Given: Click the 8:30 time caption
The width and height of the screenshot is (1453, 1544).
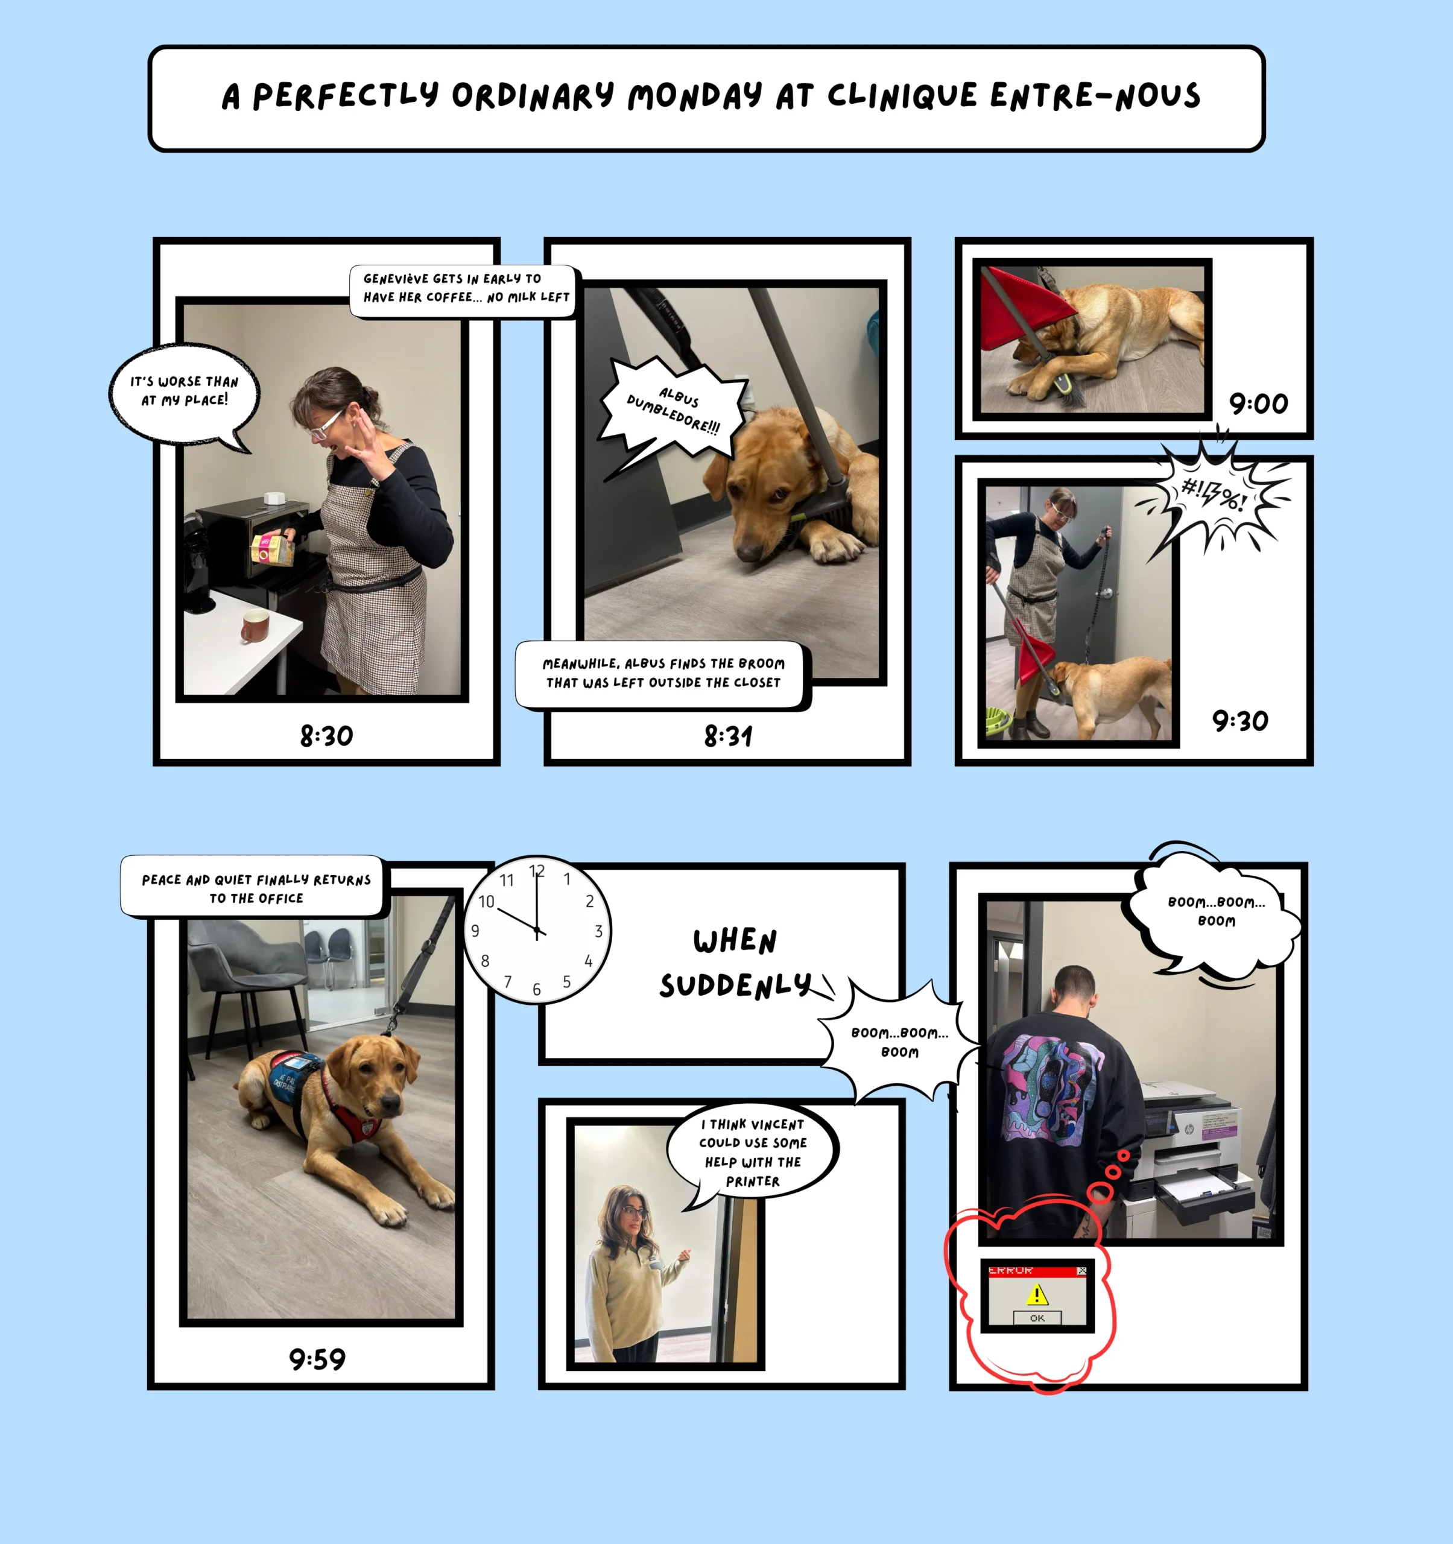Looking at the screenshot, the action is click(x=326, y=735).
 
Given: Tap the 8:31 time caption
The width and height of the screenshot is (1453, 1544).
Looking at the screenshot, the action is click(x=727, y=735).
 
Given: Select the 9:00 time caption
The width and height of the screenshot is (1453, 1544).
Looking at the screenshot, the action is click(x=1258, y=403).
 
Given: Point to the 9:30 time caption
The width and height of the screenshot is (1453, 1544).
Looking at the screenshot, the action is click(x=1240, y=721).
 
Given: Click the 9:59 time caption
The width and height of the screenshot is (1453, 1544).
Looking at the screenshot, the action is click(x=317, y=1359).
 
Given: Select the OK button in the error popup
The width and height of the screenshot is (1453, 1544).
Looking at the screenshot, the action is click(x=1037, y=1318).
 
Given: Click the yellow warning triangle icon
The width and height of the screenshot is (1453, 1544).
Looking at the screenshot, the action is click(x=1037, y=1294).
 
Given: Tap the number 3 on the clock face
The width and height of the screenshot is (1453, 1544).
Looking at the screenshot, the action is click(x=598, y=931).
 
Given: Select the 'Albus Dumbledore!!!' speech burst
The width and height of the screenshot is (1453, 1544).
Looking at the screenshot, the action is click(x=673, y=411).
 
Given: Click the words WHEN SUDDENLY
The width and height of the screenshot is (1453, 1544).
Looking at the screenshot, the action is click(x=735, y=963).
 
